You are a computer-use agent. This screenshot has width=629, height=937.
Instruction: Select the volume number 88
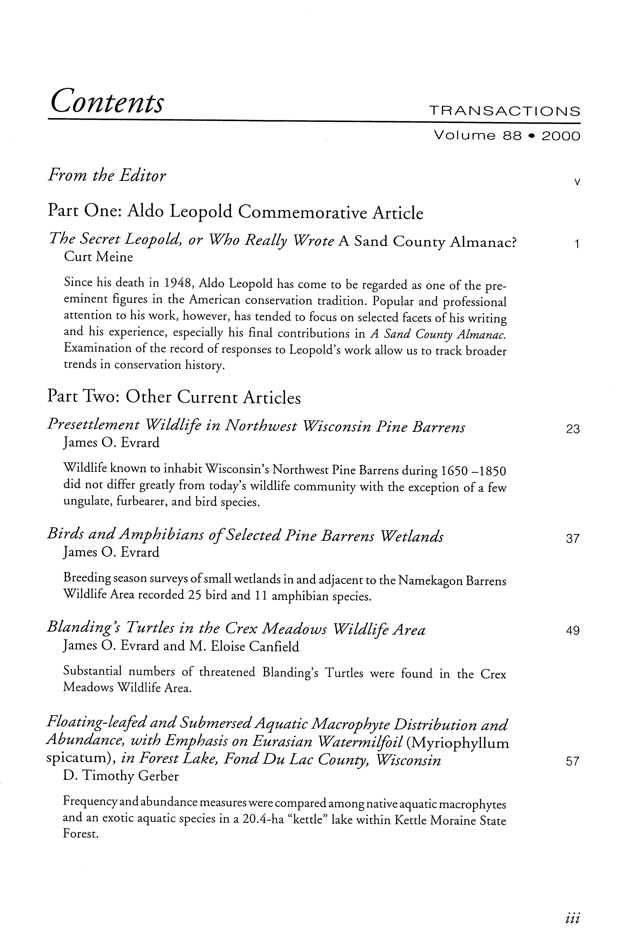tap(511, 136)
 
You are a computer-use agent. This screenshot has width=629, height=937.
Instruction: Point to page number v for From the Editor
tap(576, 182)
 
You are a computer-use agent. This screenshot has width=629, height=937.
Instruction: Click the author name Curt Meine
tap(98, 257)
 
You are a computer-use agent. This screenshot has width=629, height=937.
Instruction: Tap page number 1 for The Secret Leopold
tap(576, 244)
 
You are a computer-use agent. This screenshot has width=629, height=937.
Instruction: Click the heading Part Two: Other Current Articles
tap(174, 397)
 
